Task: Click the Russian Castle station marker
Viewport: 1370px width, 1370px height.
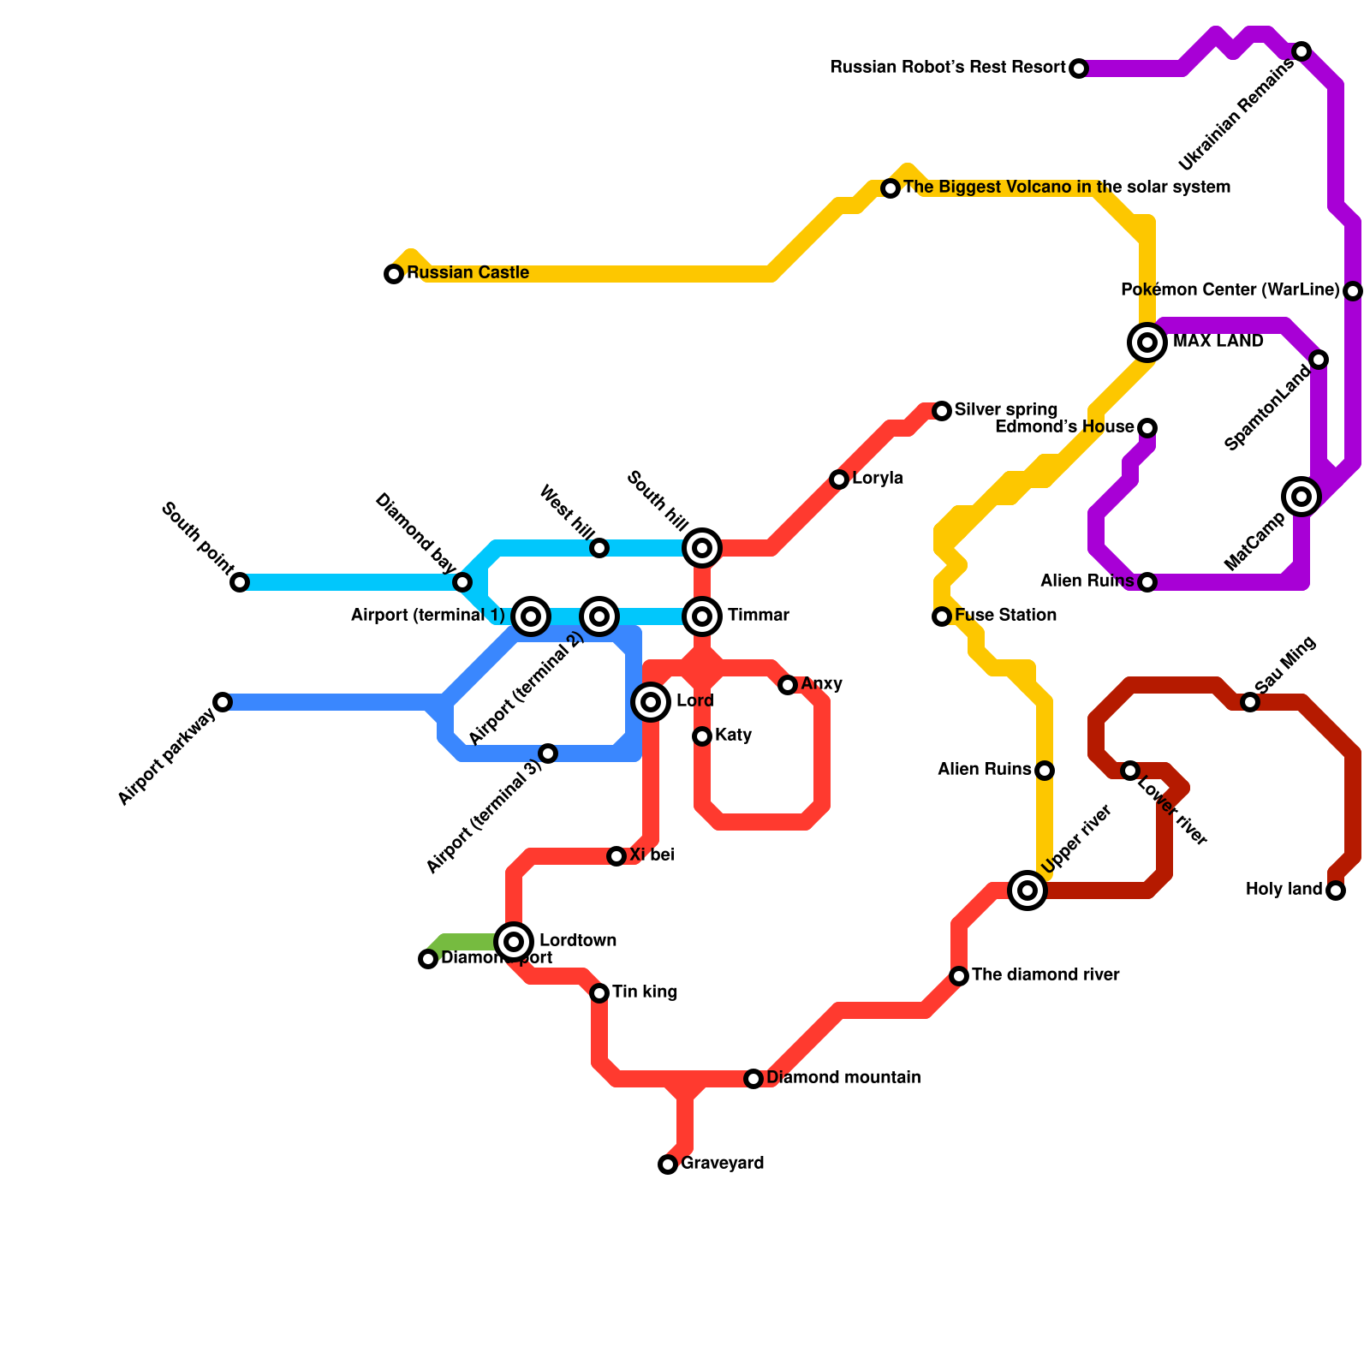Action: click(394, 274)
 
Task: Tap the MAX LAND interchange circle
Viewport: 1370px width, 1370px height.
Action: click(1147, 342)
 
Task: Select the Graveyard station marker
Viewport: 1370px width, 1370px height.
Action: click(668, 1164)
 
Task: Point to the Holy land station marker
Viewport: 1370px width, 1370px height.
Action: click(1336, 890)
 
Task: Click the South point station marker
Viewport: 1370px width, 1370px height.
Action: click(240, 582)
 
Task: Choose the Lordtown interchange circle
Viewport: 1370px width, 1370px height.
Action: click(514, 942)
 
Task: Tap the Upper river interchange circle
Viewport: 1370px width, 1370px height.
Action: click(1027, 890)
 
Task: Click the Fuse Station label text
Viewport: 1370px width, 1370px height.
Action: click(1005, 616)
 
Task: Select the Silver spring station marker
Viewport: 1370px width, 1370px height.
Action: click(942, 411)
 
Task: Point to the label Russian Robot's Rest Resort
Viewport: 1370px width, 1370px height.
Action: click(948, 68)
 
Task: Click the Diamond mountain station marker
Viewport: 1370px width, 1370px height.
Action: click(753, 1079)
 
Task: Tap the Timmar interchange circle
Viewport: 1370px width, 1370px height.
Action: click(702, 616)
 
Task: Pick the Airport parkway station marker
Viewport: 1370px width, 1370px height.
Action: click(223, 702)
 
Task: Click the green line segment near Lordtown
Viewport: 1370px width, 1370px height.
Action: click(467, 942)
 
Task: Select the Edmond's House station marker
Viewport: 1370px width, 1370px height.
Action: click(1147, 428)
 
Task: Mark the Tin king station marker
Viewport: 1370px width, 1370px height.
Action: click(599, 993)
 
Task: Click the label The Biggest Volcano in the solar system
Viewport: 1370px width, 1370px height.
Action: click(1067, 188)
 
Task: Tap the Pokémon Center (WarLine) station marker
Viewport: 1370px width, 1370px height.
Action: click(1353, 291)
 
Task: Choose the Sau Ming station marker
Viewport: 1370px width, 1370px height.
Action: click(1250, 702)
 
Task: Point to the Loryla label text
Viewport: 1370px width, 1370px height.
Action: click(878, 479)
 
